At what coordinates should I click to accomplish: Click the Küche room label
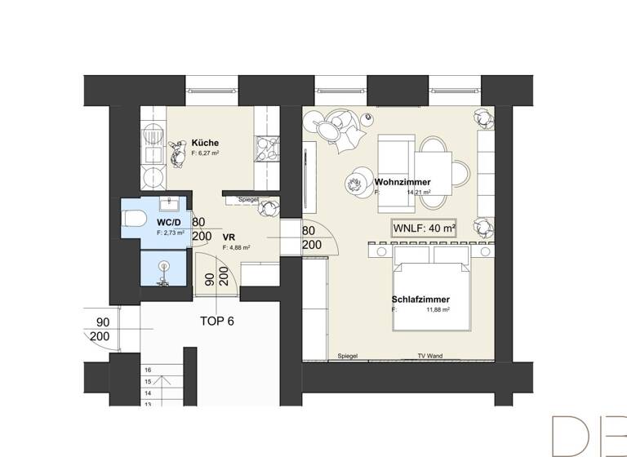tap(205, 143)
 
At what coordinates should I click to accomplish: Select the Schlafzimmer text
tap(420, 299)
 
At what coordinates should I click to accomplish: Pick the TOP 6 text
tap(217, 321)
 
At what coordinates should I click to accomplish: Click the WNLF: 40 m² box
tap(424, 228)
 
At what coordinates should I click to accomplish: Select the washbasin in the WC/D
tap(170, 202)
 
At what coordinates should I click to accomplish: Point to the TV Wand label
tap(429, 357)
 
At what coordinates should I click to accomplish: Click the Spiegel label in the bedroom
tap(348, 357)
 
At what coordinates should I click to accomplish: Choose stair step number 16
tap(148, 370)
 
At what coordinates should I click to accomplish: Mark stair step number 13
tap(148, 404)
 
